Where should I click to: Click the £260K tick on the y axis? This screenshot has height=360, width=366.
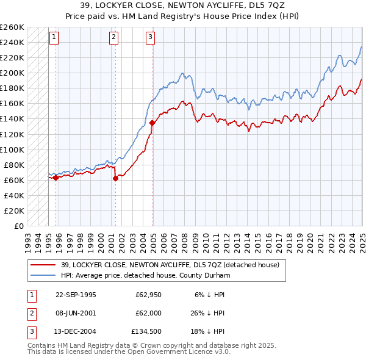click(x=12, y=27)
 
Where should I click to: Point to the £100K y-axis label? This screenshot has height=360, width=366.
click(x=12, y=149)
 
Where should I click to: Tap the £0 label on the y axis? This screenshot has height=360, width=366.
click(x=18, y=226)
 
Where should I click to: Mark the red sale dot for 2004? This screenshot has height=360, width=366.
click(x=152, y=123)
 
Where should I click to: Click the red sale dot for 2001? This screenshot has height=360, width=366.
click(x=115, y=179)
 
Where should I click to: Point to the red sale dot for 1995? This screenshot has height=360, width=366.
click(x=56, y=178)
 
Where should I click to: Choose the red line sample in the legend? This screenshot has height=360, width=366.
click(x=43, y=265)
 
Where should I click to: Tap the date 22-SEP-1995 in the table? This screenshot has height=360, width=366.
click(x=76, y=295)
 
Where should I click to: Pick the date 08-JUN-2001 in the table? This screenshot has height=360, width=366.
click(x=76, y=314)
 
